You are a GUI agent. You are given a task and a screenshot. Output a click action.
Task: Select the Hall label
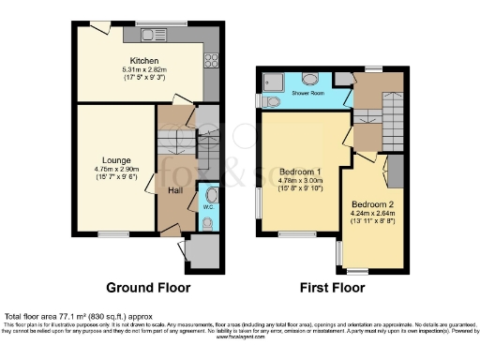click(x=174, y=191)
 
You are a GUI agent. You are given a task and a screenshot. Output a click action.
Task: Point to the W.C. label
click(x=209, y=222)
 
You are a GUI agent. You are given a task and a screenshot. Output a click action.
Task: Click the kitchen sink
click(x=152, y=36)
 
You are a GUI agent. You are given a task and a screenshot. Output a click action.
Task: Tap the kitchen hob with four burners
click(x=211, y=64)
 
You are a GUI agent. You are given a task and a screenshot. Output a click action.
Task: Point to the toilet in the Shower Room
click(x=268, y=101)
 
